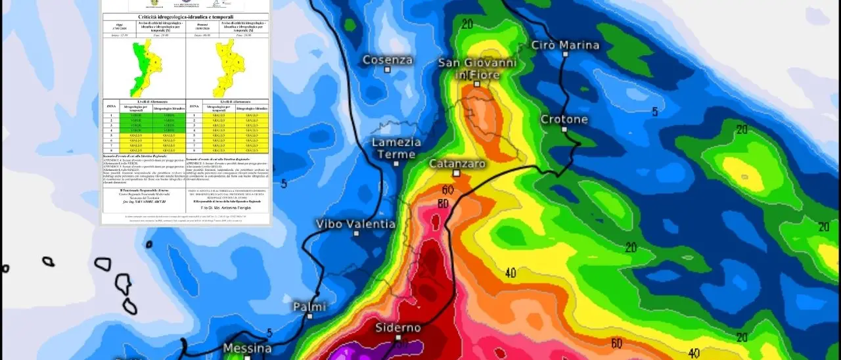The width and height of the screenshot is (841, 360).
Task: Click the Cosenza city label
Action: tap(388, 60)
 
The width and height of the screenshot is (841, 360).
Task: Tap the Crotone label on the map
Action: tap(564, 120)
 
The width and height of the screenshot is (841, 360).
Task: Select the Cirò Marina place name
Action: tap(565, 45)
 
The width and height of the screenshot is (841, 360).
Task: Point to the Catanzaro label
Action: tap(457, 163)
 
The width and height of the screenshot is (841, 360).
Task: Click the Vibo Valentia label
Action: tap(356, 223)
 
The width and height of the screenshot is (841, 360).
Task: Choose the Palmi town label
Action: tap(309, 306)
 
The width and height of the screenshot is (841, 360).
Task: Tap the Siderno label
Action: tap(398, 327)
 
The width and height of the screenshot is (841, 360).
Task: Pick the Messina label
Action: tap(248, 348)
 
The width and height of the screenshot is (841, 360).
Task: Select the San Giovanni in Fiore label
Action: tap(478, 68)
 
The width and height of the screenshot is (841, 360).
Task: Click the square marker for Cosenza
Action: tap(388, 69)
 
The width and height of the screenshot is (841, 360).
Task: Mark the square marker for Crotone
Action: tap(564, 129)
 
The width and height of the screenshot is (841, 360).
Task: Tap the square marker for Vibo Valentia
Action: tap(356, 233)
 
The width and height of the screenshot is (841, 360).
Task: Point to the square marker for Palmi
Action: tap(309, 316)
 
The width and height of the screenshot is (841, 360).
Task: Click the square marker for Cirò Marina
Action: tap(565, 55)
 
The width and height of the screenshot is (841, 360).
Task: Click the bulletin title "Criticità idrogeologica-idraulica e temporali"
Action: tap(186, 17)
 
